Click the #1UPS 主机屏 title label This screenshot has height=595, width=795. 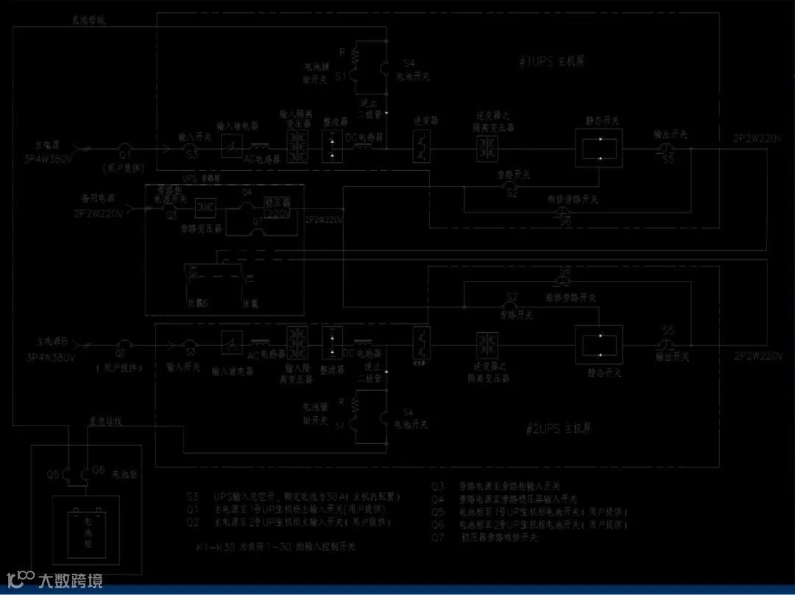pyautogui.click(x=551, y=63)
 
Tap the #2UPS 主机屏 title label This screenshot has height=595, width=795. pyautogui.click(x=560, y=428)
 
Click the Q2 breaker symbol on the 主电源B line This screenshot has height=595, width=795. pyautogui.click(x=124, y=344)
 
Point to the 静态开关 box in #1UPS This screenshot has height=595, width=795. pyautogui.click(x=598, y=149)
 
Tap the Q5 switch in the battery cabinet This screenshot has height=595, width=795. pyautogui.click(x=68, y=474)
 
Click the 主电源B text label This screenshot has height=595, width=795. pyautogui.click(x=53, y=342)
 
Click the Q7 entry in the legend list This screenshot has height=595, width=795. pyautogui.click(x=486, y=538)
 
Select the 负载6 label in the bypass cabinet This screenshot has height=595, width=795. pyautogui.click(x=197, y=302)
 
